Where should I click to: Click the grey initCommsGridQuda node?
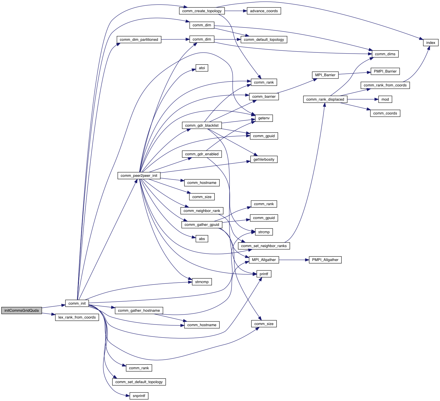[22, 310]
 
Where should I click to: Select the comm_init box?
[77, 303]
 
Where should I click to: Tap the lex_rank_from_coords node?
[77, 317]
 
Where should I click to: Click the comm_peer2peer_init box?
[139, 175]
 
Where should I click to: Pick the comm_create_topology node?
[202, 11]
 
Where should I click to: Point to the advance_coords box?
[264, 11]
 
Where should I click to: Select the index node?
[431, 43]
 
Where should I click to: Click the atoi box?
[202, 68]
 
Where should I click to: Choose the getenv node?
[264, 118]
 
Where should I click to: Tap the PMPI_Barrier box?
[385, 71]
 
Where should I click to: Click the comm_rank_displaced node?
[325, 99]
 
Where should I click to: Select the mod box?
[385, 99]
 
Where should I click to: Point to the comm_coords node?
[385, 113]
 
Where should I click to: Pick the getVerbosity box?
[264, 159]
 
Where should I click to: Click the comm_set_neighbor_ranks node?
[264, 246]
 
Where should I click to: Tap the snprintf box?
[139, 396]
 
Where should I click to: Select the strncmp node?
[202, 282]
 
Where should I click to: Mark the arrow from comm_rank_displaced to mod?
[363, 99]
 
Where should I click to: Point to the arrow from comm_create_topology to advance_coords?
[234, 11]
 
